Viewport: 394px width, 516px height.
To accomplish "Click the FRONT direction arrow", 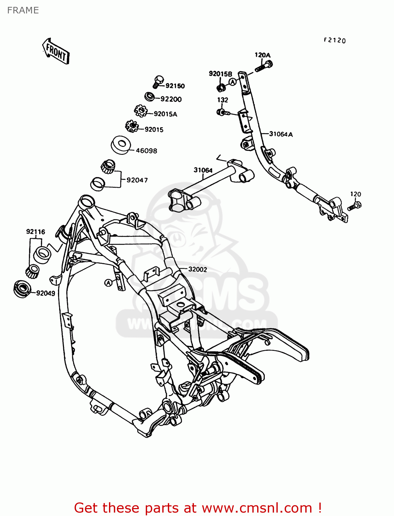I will click(x=56, y=52).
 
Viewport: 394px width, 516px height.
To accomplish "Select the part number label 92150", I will click(x=175, y=86).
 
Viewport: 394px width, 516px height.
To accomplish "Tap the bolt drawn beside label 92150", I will click(x=158, y=82).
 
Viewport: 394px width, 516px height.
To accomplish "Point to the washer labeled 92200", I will click(x=150, y=96).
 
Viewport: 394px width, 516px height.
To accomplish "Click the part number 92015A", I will click(x=165, y=114).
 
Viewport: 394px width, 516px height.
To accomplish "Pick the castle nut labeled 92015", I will click(x=131, y=126).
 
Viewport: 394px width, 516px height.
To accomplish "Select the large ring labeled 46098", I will click(x=121, y=144).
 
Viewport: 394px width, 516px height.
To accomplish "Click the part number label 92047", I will click(x=137, y=180).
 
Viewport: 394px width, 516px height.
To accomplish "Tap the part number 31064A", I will click(x=281, y=134).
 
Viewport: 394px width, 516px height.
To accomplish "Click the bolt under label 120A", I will click(x=264, y=66).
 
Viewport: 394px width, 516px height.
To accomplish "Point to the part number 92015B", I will click(x=220, y=74).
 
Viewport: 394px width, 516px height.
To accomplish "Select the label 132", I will click(x=222, y=100).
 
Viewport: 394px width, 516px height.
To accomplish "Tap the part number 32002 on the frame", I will click(x=198, y=269).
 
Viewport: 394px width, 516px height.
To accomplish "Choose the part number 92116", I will click(x=36, y=232).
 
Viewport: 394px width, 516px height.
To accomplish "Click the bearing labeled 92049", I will click(x=22, y=288).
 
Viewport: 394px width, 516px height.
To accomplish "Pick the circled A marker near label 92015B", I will click(x=233, y=82).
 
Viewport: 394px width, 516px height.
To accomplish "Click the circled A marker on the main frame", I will click(x=108, y=283).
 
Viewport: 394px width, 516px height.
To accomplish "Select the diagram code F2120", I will click(x=335, y=40).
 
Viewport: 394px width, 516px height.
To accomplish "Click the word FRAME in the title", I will click(x=23, y=10).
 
